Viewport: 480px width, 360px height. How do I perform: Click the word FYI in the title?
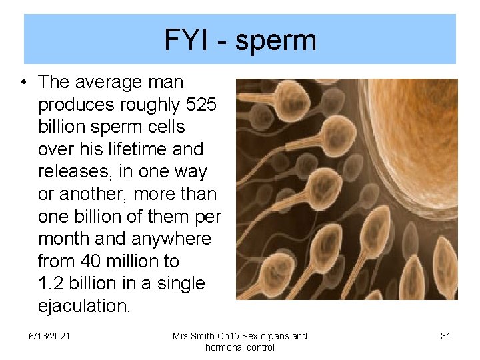[184, 41]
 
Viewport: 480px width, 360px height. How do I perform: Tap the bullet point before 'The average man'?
[23, 83]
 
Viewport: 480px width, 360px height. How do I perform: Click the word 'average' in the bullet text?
[107, 83]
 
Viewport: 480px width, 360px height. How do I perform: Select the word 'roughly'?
[143, 105]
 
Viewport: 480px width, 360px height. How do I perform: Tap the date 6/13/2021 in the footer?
[50, 336]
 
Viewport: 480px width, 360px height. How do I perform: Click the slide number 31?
[446, 336]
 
